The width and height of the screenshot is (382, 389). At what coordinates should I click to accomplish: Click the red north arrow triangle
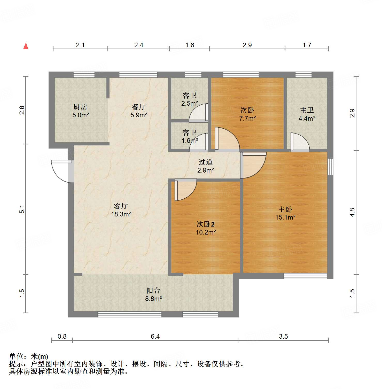[x=26, y=46]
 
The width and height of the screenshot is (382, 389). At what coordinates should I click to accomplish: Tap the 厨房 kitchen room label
[x=80, y=111]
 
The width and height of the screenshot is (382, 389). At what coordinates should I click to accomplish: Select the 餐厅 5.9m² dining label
[x=139, y=111]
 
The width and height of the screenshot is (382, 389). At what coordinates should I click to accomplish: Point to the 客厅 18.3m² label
[x=121, y=210]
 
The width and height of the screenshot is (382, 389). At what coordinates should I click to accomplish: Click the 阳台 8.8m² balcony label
[x=153, y=294]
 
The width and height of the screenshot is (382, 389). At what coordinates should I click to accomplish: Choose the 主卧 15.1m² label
[x=285, y=213]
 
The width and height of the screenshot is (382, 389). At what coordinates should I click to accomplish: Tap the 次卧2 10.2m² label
[x=206, y=228]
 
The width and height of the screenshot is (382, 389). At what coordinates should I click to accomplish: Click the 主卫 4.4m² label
[x=307, y=114]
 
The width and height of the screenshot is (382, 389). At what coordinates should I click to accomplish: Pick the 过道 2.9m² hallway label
[x=206, y=166]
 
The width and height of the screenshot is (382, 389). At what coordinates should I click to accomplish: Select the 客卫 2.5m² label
[x=190, y=99]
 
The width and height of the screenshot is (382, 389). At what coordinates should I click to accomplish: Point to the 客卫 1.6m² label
[x=190, y=137]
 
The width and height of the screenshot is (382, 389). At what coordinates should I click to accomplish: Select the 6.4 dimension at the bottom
[x=155, y=336]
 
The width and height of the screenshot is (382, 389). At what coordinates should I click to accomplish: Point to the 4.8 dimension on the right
[x=352, y=212]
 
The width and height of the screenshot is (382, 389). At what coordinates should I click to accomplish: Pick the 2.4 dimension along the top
[x=139, y=45]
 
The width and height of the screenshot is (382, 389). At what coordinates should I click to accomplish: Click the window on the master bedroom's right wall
[x=330, y=167]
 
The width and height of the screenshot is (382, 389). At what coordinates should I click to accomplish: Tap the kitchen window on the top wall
[x=84, y=75]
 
